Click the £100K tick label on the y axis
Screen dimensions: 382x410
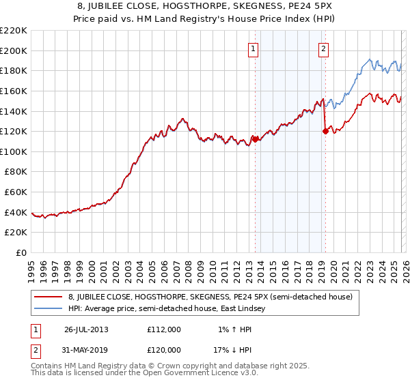[x=14, y=151]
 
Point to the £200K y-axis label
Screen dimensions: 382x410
[x=14, y=50]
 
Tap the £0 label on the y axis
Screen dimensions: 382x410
[x=20, y=253]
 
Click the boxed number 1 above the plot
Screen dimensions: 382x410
[x=254, y=48]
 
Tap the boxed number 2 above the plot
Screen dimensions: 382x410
[x=323, y=48]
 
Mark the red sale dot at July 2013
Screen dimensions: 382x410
[x=255, y=139]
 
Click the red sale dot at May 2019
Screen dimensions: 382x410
[x=325, y=132]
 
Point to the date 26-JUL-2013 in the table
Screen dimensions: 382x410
[x=86, y=329]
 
